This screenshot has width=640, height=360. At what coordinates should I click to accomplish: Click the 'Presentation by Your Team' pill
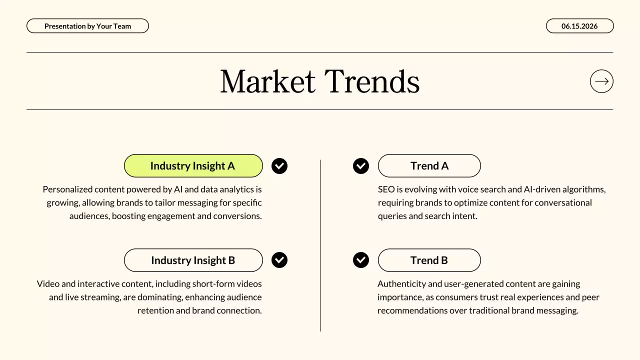click(87, 26)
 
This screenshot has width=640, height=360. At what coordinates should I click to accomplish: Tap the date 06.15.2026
click(579, 26)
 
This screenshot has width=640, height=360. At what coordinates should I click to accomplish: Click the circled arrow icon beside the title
click(601, 81)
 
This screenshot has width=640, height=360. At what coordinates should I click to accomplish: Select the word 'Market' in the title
click(267, 81)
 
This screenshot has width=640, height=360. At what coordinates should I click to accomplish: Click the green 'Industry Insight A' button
click(193, 166)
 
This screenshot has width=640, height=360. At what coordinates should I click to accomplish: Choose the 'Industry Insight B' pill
click(193, 260)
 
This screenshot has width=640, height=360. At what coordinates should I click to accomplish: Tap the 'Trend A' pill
click(429, 166)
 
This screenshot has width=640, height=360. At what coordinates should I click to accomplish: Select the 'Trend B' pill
click(429, 260)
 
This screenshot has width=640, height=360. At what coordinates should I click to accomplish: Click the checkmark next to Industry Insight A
click(279, 166)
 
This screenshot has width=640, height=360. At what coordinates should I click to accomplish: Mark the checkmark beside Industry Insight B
click(279, 260)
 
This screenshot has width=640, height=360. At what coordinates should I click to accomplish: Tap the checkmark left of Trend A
click(361, 166)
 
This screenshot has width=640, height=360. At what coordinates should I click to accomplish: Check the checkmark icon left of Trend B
click(361, 260)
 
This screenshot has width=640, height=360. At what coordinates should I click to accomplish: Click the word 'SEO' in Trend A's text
click(386, 189)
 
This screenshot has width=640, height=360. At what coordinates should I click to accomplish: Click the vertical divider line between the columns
click(320, 245)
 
